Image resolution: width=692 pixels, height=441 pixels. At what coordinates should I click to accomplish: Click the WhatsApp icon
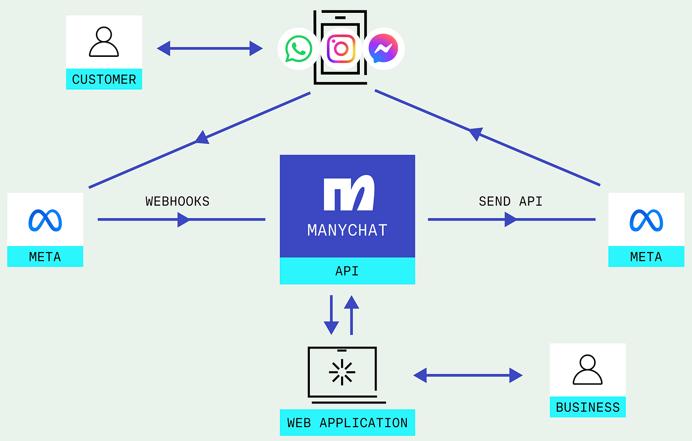(299, 49)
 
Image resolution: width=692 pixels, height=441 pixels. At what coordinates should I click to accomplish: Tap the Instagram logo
(341, 49)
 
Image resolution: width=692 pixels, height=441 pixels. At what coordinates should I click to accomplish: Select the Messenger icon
(384, 49)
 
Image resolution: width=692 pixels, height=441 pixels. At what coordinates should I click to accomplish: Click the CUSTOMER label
(104, 80)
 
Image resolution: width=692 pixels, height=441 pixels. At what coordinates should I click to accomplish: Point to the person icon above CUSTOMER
(104, 43)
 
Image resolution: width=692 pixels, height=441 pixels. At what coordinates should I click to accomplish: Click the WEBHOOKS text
(177, 201)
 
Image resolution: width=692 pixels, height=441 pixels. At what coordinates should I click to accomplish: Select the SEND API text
(511, 201)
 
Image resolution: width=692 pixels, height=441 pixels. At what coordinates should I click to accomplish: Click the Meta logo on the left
(45, 220)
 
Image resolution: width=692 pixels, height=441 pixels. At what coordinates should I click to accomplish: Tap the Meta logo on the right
(646, 220)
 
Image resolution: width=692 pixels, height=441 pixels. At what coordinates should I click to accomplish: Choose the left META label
(45, 257)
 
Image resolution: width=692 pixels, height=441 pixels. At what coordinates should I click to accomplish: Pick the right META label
(646, 257)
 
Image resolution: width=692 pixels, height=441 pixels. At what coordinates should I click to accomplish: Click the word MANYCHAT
(347, 230)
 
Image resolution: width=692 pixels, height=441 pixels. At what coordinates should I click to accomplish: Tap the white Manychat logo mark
(348, 193)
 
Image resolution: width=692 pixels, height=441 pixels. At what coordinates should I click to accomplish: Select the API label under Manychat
(347, 271)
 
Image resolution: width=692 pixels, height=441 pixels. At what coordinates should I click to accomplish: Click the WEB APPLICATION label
(347, 423)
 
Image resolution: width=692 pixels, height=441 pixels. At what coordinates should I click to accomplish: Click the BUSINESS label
(587, 407)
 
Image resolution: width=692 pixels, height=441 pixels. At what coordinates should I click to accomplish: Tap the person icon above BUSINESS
(587, 370)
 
